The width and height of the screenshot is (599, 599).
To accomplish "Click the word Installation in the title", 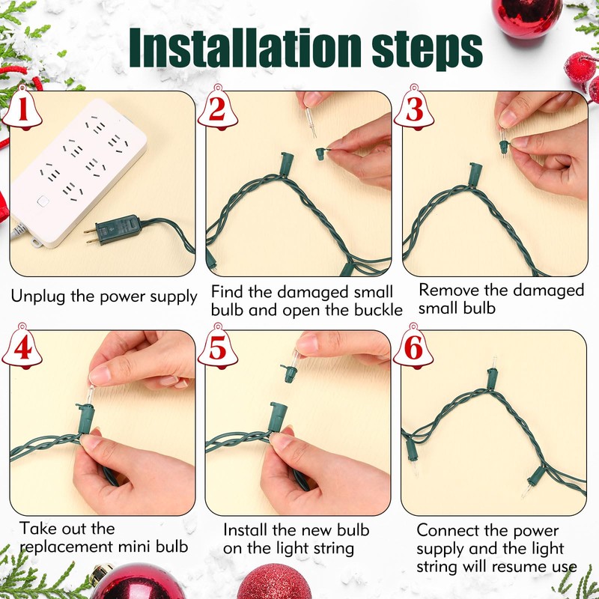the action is pyautogui.click(x=245, y=47).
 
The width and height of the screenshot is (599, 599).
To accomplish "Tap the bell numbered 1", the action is pyautogui.click(x=22, y=108).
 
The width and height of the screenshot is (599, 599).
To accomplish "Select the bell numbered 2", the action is pyautogui.click(x=218, y=108).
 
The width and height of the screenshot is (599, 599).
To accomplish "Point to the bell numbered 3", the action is pyautogui.click(x=414, y=108).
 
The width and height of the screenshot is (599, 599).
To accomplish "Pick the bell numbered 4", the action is pyautogui.click(x=22, y=347).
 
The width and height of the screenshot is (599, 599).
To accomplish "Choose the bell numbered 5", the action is pyautogui.click(x=218, y=347).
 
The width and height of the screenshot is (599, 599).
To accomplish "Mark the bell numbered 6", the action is pyautogui.click(x=413, y=347).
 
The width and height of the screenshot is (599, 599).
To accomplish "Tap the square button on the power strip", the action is pyautogui.click(x=43, y=201).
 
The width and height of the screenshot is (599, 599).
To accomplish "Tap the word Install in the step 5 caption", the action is pyautogui.click(x=246, y=530).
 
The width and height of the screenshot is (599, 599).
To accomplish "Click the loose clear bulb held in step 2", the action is pyautogui.click(x=311, y=122).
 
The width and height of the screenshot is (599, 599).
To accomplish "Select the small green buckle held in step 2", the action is pyautogui.click(x=321, y=153).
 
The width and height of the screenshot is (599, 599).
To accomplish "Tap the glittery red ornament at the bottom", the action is pyautogui.click(x=274, y=582).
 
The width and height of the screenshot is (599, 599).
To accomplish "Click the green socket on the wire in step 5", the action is pyautogui.click(x=278, y=417).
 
